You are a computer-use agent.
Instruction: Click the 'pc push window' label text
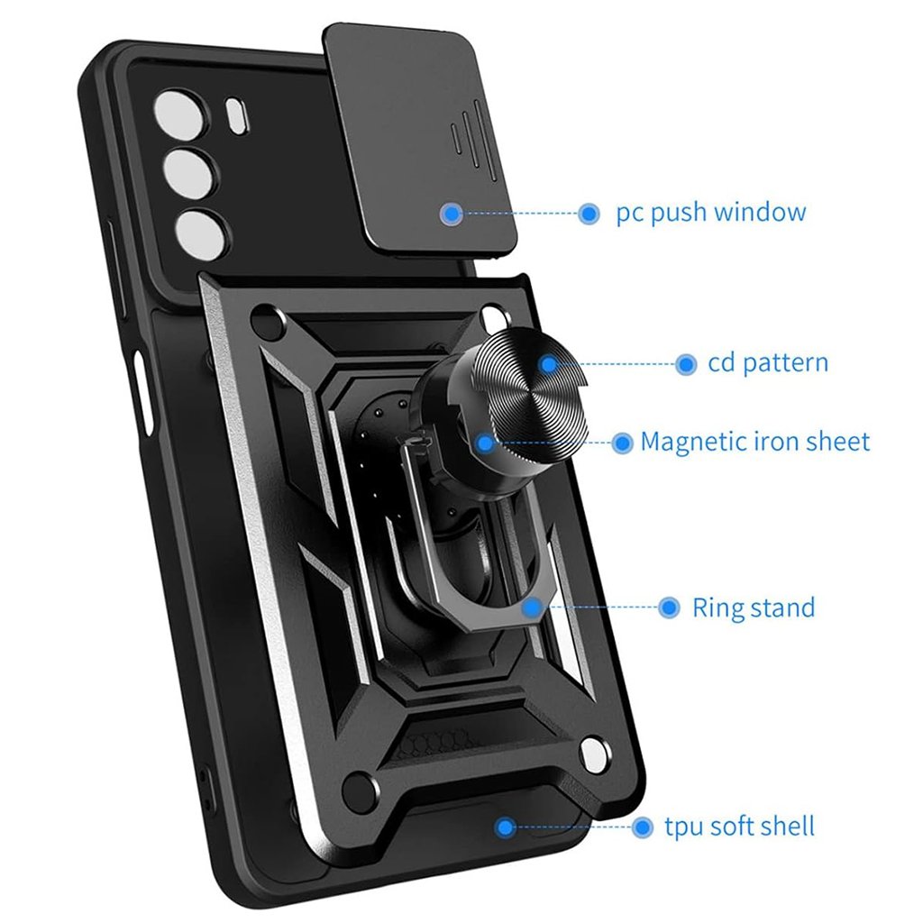point(710,214)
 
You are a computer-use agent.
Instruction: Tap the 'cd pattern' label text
point(767,364)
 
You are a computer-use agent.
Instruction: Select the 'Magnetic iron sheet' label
point(755,442)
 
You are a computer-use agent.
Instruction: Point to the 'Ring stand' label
point(753,608)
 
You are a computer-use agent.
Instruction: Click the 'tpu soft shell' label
point(739,826)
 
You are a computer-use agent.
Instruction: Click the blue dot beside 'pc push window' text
point(589,214)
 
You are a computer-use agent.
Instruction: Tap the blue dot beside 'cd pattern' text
point(686,364)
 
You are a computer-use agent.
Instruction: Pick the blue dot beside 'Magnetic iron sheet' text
point(622,443)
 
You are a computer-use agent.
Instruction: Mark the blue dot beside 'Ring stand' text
point(669,608)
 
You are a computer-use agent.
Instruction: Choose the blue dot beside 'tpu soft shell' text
point(643,827)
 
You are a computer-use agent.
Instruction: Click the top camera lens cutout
point(175,116)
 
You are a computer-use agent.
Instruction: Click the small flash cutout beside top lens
point(240,112)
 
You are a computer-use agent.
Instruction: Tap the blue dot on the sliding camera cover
point(452,214)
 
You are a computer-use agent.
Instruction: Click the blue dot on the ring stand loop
point(532,608)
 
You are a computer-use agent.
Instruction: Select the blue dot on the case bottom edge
point(506,827)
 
